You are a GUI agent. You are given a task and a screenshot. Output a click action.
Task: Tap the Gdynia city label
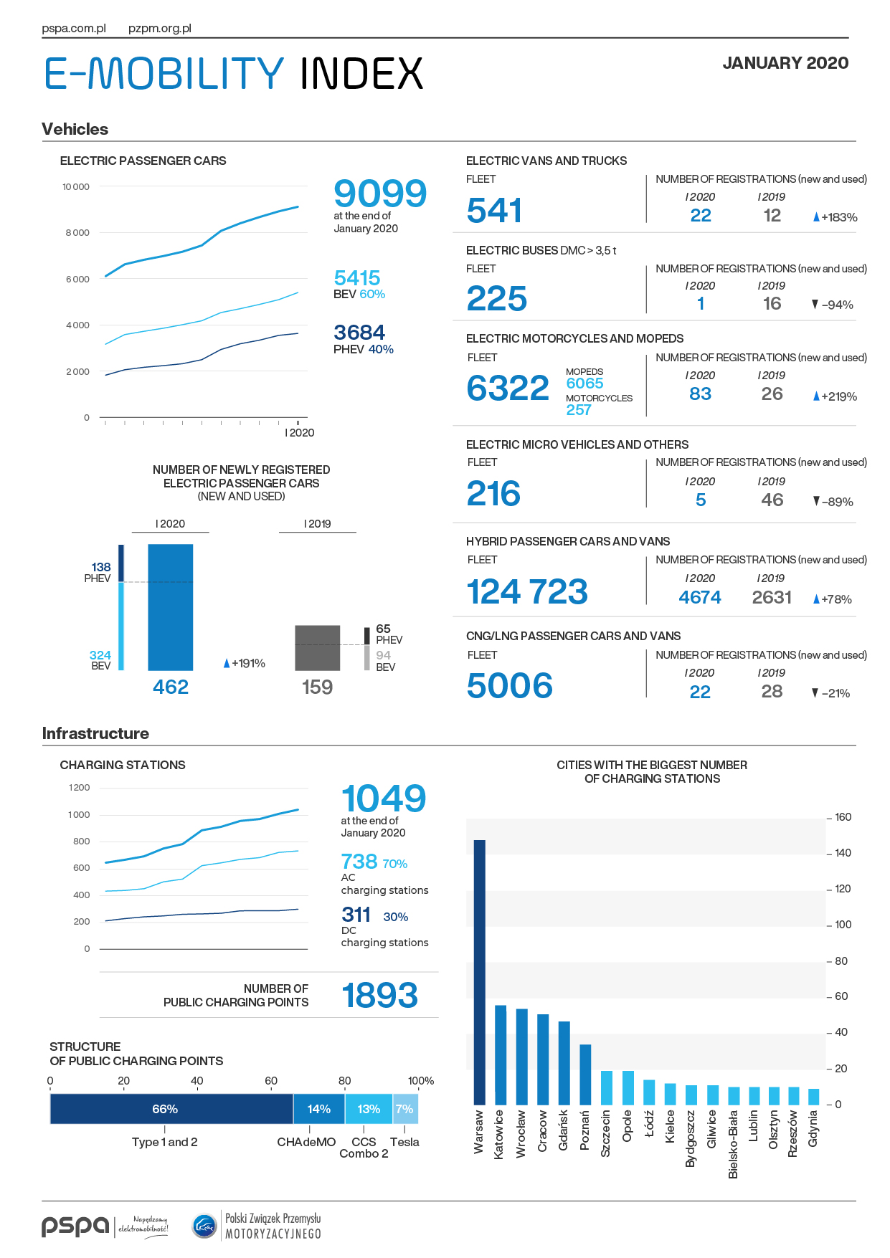pos(813,1129)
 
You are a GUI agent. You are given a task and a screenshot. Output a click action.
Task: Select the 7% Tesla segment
pos(405,1109)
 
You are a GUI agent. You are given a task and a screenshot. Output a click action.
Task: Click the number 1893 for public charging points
pos(379,996)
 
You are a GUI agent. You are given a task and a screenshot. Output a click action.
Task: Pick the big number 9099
pos(380,194)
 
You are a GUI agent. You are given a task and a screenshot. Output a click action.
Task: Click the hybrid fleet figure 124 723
pos(527,592)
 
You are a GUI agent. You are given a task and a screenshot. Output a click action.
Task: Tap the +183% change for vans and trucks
pos(835,217)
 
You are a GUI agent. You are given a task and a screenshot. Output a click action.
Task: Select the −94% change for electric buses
pos(833,305)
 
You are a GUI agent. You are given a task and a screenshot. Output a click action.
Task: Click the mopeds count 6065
pos(584,383)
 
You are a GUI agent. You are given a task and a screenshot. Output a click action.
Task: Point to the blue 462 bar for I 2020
pos(171,607)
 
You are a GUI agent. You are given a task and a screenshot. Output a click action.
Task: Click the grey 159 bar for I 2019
pos(318,648)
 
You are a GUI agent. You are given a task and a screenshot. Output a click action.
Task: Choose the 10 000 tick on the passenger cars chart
pos(76,187)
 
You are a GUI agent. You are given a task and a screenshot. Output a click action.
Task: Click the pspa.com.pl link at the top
pos(74,29)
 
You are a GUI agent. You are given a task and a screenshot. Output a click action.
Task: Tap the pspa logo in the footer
pos(75,1226)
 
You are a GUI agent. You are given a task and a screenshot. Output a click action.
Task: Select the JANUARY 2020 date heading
pos(785,63)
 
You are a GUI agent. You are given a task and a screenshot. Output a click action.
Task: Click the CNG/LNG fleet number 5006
pos(510,686)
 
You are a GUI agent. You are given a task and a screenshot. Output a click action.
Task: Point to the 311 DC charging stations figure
pos(356,915)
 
